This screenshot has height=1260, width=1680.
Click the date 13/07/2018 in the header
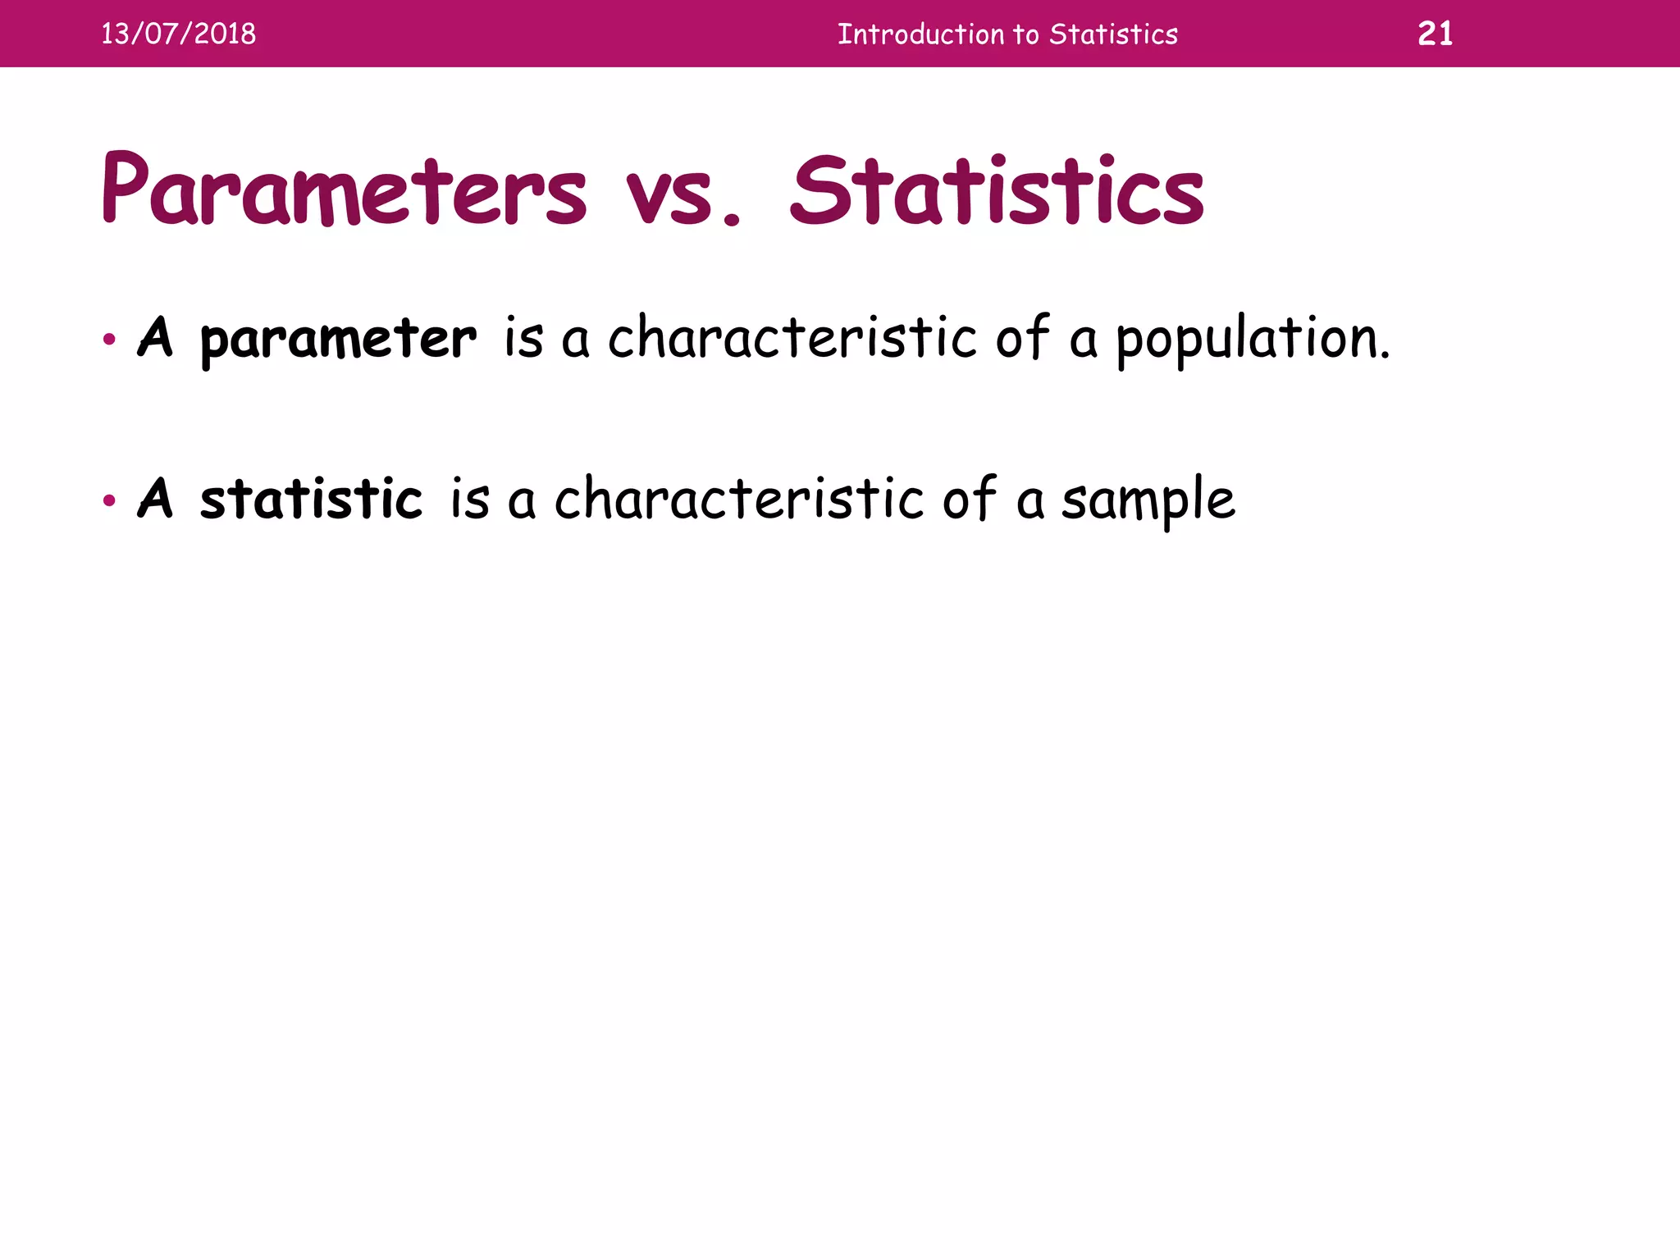178,34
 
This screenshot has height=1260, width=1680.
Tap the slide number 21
1435,34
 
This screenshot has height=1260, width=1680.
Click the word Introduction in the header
920,34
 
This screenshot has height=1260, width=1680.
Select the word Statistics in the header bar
1113,34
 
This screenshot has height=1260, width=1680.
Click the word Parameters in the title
344,190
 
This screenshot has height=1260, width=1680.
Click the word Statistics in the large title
996,190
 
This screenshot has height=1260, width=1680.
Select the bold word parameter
337,339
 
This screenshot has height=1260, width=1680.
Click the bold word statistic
311,498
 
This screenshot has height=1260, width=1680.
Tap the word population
1253,339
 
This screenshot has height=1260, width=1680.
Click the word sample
1148,500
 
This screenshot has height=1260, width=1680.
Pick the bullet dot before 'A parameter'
109,339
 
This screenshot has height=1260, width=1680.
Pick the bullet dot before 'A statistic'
109,500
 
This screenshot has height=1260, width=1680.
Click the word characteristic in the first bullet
792,337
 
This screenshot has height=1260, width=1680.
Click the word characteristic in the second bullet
738,498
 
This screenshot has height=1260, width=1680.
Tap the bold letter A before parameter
155,337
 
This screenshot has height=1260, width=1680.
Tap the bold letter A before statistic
155,498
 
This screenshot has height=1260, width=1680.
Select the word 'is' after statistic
469,498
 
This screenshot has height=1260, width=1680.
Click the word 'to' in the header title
1026,34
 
